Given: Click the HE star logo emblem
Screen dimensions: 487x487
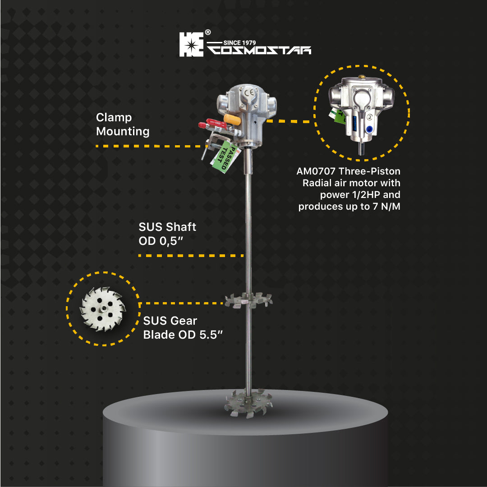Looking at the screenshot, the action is pyautogui.click(x=191, y=45).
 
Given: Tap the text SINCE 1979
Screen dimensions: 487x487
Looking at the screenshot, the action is pyautogui.click(x=239, y=43).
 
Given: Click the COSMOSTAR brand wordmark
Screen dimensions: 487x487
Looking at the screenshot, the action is pyautogui.click(x=259, y=51).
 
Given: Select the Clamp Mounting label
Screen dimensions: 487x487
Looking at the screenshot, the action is pyautogui.click(x=123, y=124).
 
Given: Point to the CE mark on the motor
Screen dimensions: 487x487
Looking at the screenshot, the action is pyautogui.click(x=249, y=92).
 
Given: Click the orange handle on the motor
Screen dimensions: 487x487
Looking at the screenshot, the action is pyautogui.click(x=232, y=119).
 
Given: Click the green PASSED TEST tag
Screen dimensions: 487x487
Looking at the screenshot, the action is pyautogui.click(x=226, y=157).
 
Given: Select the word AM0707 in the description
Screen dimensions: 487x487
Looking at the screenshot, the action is pyautogui.click(x=316, y=171).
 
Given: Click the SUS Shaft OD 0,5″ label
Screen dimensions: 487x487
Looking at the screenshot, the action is pyautogui.click(x=167, y=234).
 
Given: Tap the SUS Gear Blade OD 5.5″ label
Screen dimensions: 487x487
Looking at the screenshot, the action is pyautogui.click(x=183, y=328).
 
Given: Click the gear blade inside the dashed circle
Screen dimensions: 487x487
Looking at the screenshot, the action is pyautogui.click(x=103, y=309).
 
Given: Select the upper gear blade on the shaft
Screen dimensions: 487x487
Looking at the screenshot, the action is pyautogui.click(x=248, y=300).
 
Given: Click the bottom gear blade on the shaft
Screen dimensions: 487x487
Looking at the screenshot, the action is pyautogui.click(x=248, y=403).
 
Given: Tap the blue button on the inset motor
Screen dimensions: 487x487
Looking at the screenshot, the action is pyautogui.click(x=369, y=129).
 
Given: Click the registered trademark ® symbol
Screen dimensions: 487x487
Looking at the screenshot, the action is pyautogui.click(x=208, y=32).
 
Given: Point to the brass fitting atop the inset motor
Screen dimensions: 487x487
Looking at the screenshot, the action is pyautogui.click(x=361, y=76).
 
